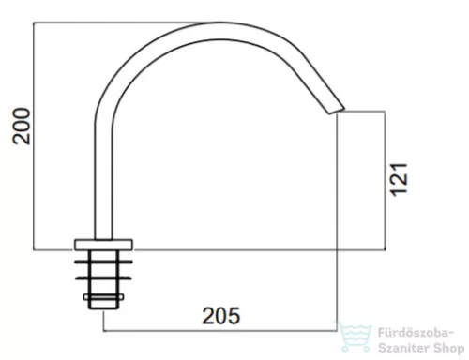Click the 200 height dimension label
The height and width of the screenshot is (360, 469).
click(22, 127)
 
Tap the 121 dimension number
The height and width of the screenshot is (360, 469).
click(400, 180)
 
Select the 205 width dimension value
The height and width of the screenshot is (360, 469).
click(221, 316)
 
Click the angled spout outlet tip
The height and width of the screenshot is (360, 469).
click(337, 110)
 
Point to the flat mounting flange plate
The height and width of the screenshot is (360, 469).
click(103, 245)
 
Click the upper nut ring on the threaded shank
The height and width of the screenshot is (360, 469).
click(103, 262)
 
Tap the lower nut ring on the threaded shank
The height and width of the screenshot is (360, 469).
click(103, 277)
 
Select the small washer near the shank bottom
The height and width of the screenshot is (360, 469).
click(103, 297)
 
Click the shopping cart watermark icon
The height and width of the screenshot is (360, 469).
click(355, 337)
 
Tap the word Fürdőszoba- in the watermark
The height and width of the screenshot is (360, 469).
click(416, 333)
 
